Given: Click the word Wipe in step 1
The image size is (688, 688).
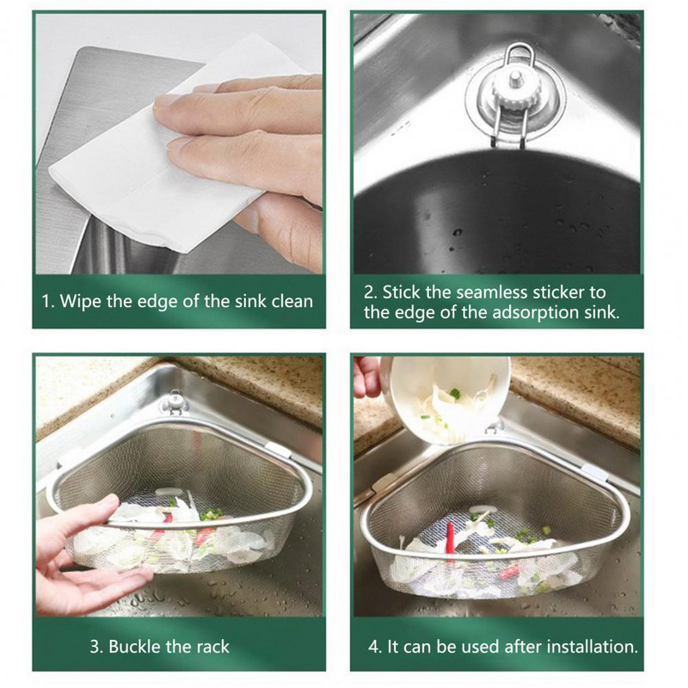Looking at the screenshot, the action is [80, 302].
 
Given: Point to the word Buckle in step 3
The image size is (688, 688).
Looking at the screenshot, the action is [135, 647].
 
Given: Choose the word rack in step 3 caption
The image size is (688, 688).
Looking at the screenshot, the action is [212, 647].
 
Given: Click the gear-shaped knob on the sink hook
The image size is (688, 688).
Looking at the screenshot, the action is [512, 90].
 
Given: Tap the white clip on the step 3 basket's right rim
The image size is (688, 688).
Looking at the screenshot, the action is [278, 450].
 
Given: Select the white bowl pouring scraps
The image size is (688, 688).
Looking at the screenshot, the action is [450, 398].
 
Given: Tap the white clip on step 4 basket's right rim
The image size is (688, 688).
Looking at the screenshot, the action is [596, 473].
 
